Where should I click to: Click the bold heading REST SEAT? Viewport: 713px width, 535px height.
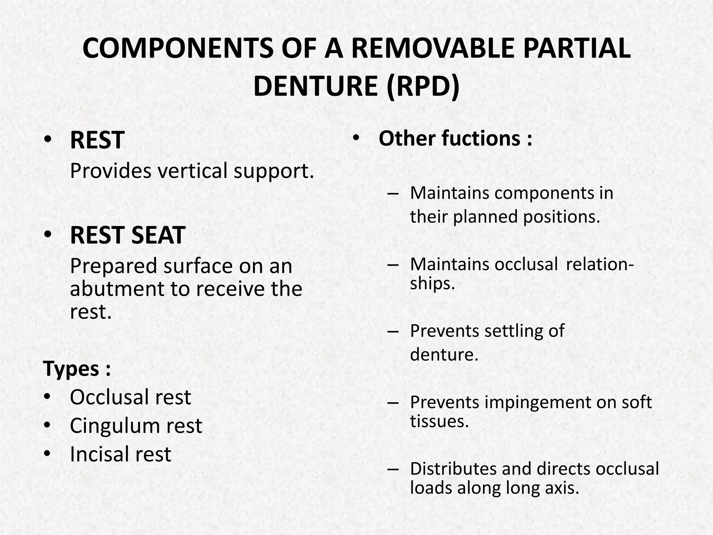pyautogui.click(x=127, y=235)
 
